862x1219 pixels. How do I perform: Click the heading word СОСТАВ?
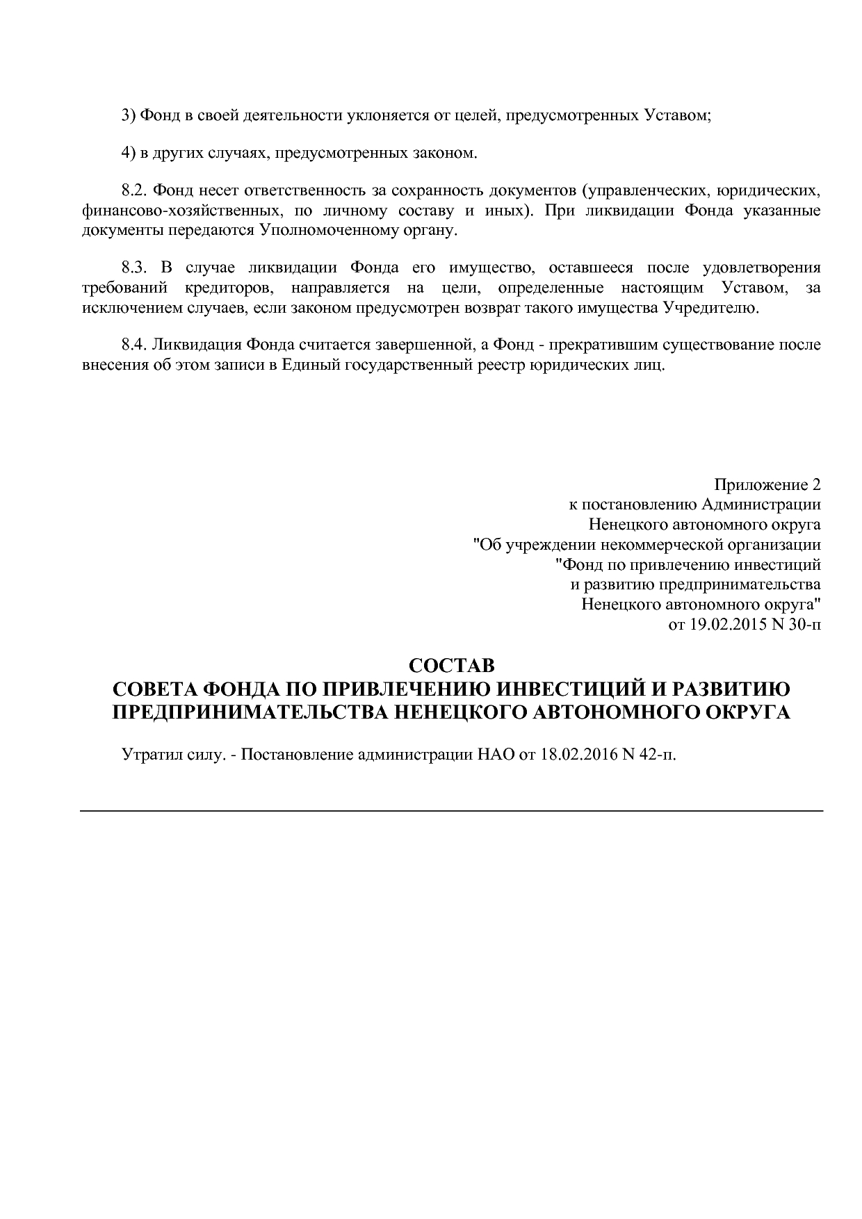tap(451, 666)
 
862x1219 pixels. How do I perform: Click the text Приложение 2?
tap(767, 484)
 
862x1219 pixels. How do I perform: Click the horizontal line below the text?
tap(451, 810)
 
